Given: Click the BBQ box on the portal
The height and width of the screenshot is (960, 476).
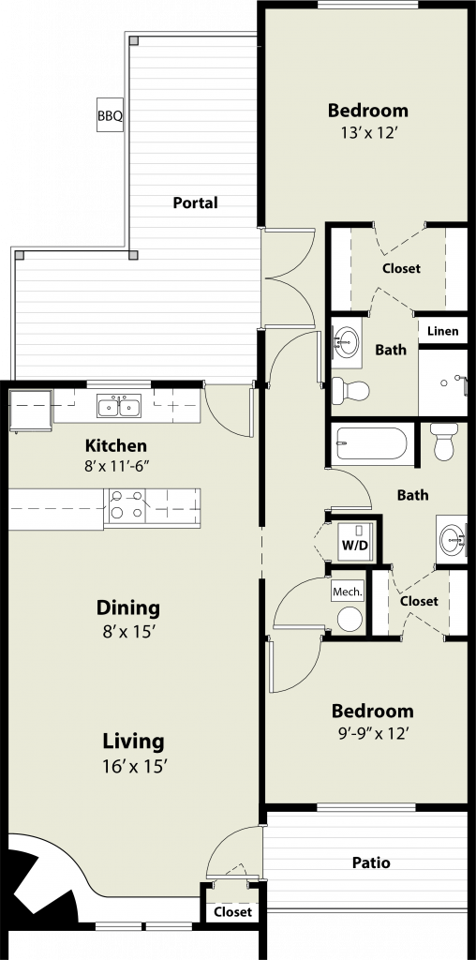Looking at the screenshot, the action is coord(111,115).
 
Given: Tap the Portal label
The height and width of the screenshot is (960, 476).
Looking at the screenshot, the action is coord(195,202).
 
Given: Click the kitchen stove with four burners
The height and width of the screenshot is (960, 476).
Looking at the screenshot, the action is coord(126,506).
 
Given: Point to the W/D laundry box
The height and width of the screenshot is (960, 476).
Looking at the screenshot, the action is coord(355,544).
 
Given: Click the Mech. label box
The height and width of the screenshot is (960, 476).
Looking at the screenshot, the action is coord(348,592).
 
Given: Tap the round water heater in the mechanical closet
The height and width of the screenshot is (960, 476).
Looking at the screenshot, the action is coord(350,619).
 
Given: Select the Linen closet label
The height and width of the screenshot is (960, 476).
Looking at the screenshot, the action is coord(443,331).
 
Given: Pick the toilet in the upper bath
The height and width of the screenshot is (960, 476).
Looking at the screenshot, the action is coord(350,390).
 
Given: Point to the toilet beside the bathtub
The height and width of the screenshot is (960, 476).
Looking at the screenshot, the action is coord(444,441).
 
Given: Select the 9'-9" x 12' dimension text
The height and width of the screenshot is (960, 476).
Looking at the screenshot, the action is coord(372,733).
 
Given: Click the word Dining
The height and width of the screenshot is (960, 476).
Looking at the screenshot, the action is coord(128,608).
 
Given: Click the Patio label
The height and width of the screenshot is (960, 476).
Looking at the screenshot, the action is coord(371,862).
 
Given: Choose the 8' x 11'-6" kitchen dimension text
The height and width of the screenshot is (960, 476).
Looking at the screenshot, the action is coord(116,465).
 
